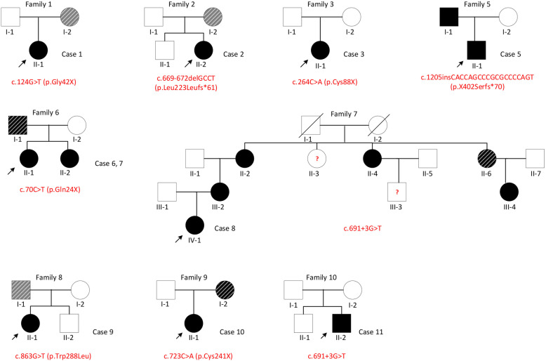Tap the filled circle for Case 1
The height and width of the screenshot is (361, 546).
point(38,51)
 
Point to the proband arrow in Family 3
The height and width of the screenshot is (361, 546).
point(302,61)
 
